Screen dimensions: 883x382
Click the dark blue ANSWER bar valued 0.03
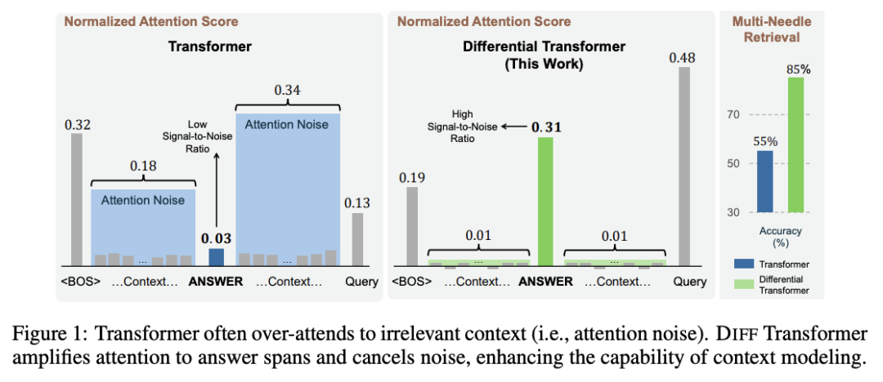216,257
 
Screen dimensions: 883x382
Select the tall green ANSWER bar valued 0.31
545,202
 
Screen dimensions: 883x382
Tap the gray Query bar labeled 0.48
684,167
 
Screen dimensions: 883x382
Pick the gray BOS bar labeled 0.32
77,200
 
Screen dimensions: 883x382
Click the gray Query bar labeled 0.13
357,240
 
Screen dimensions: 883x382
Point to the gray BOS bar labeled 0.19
412,226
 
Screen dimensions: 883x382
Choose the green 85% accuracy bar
796,144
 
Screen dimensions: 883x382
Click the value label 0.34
287,90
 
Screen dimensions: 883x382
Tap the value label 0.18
143,166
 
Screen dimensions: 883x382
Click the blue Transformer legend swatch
742,264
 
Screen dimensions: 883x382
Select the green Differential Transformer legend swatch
742,285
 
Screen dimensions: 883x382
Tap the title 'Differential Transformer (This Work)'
544,55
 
